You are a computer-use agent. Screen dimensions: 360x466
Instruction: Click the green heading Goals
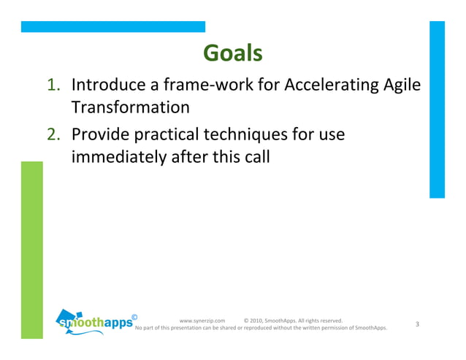tap(232, 53)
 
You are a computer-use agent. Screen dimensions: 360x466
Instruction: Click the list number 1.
tap(56, 86)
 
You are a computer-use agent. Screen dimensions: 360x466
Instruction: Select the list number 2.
tap(56, 135)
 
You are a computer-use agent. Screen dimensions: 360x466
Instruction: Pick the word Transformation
tap(130, 107)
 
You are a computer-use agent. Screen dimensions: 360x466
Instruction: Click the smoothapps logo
tap(96, 322)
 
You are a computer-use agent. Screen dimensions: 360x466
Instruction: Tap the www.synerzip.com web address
tap(202, 320)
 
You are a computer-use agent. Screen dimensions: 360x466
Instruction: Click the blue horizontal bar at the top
tap(112, 26)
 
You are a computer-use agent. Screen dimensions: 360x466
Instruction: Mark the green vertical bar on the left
tap(31, 248)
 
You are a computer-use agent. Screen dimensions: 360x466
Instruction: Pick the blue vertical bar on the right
tap(436, 110)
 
